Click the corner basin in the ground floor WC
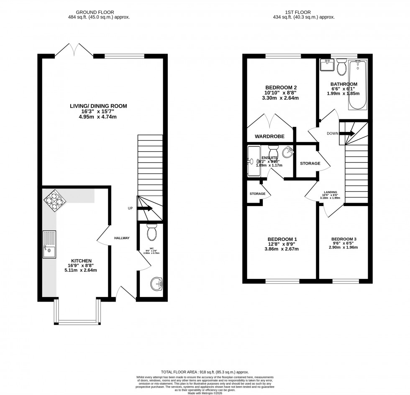pyautogui.click(x=157, y=285)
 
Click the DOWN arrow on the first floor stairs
pyautogui.click(x=347, y=134)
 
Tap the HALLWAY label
pyautogui.click(x=122, y=238)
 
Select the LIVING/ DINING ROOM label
pyautogui.click(x=98, y=106)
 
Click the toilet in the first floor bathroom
pyautogui.click(x=341, y=65)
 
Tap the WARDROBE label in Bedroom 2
pyautogui.click(x=270, y=137)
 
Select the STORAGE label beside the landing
pyautogui.click(x=310, y=163)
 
